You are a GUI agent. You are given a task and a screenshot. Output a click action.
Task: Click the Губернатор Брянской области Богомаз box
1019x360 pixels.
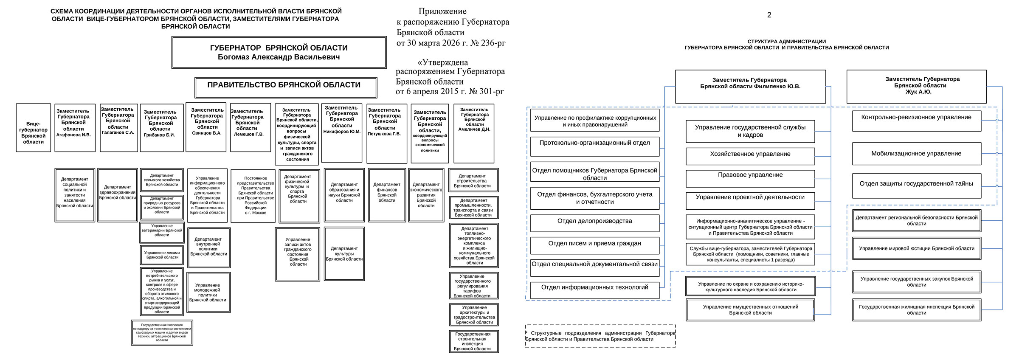tap(279, 52)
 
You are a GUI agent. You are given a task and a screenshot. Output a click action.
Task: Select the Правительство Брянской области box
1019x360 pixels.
tap(286, 87)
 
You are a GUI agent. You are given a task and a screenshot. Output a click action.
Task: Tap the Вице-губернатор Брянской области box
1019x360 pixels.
tap(34, 128)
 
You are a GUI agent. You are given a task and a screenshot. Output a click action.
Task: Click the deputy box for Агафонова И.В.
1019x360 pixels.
tap(75, 128)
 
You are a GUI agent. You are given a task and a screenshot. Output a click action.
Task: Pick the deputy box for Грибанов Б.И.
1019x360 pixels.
tap(162, 128)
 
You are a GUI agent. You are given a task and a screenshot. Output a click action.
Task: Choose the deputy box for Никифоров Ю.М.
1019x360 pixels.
tap(342, 133)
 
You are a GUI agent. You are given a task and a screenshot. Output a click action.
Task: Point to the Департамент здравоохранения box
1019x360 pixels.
tap(118, 194)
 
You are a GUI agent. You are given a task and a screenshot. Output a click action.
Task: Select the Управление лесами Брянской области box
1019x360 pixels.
tap(162, 255)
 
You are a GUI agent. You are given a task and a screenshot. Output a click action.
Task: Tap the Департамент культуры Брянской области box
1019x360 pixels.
tap(344, 254)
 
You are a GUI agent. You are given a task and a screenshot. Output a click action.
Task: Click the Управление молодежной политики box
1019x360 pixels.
tap(208, 292)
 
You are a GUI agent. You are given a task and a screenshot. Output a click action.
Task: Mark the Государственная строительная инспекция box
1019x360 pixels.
tap(474, 341)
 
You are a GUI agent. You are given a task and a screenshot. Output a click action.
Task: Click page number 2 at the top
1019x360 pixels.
tap(769, 15)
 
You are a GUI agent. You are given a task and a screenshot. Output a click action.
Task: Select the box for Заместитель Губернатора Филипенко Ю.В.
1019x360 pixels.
tap(750, 87)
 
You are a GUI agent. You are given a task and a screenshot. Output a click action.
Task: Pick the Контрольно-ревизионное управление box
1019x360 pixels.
tap(917, 121)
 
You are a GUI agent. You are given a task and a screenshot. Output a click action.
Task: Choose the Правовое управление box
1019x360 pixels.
tap(750, 178)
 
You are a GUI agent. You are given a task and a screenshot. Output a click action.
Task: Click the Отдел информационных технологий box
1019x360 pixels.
tap(594, 290)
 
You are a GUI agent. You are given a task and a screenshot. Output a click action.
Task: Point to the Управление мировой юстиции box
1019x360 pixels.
tap(917, 248)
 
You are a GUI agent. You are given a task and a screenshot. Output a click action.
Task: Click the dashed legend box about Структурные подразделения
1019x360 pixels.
tap(600, 336)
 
